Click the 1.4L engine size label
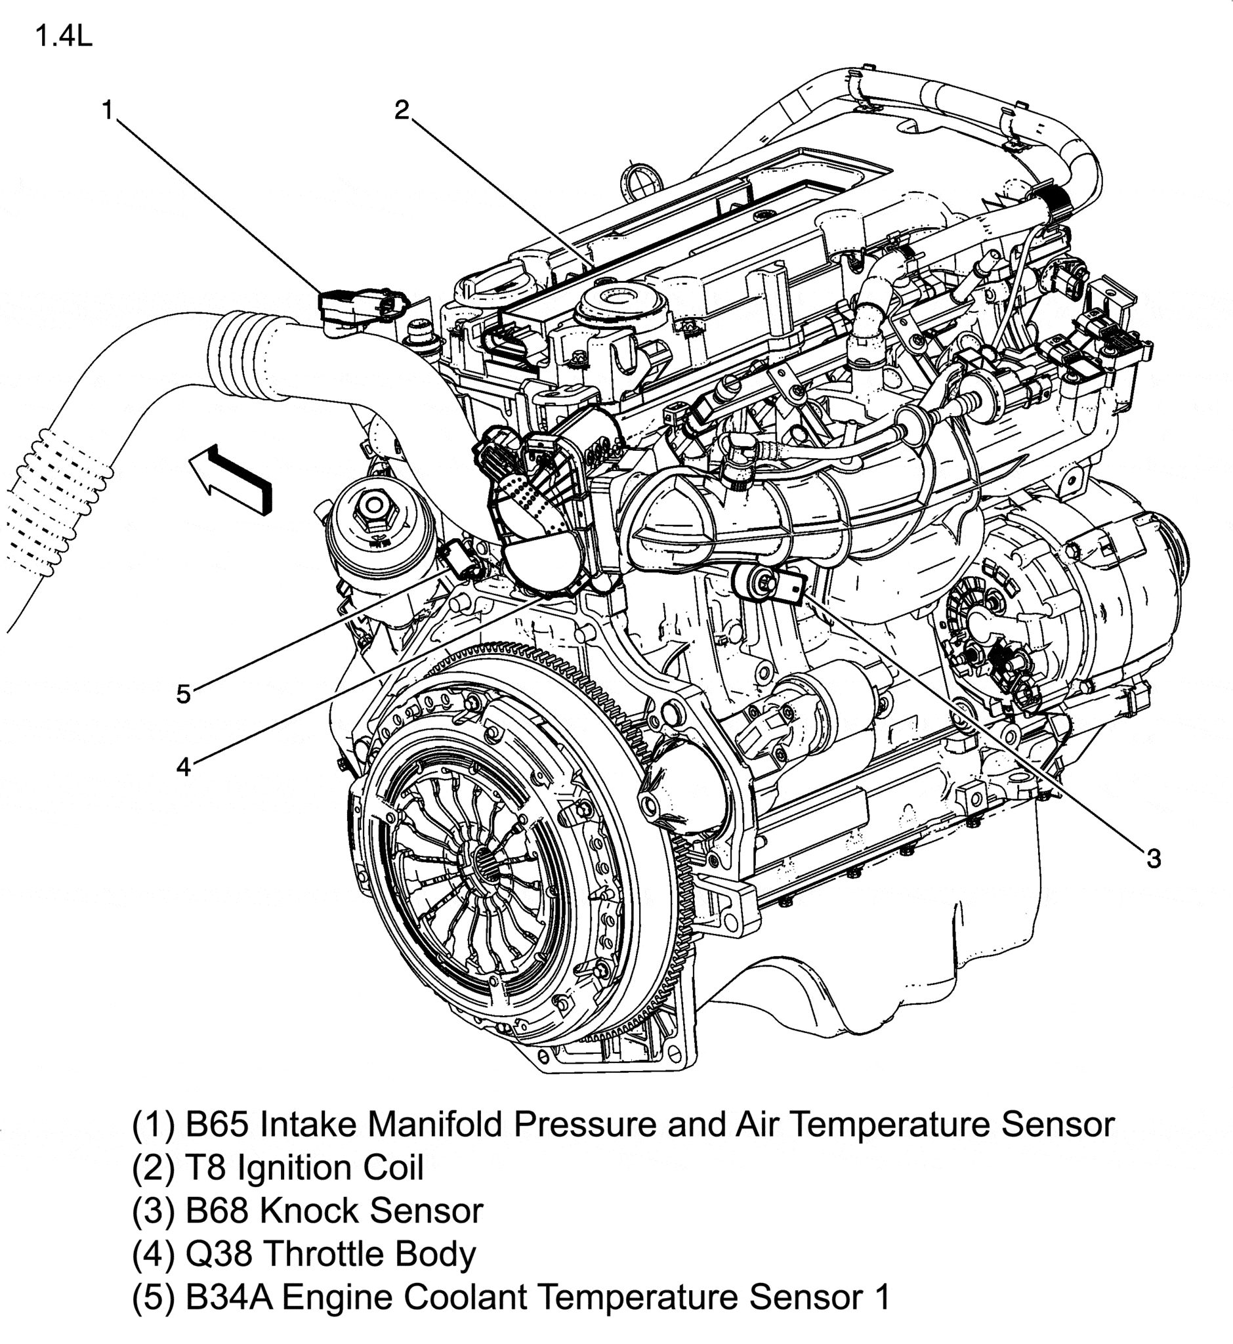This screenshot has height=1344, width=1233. [64, 36]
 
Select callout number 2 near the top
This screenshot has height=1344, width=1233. [402, 110]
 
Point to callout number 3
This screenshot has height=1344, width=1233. [1154, 859]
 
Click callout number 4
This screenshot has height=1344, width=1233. [184, 766]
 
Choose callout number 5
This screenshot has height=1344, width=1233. [184, 695]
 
